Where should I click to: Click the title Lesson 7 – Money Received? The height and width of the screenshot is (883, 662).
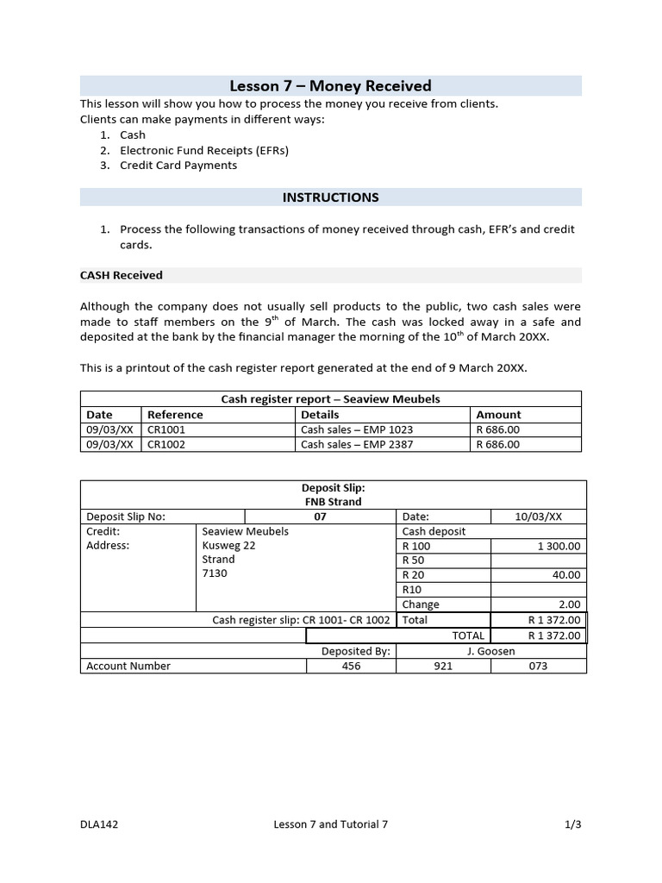[x=330, y=85]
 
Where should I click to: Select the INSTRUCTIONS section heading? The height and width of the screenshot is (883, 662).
[x=330, y=197]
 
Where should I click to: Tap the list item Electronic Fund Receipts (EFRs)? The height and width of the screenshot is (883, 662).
[x=203, y=150]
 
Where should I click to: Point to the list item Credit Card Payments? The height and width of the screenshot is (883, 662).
[x=178, y=165]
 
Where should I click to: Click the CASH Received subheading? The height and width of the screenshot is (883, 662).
[x=122, y=275]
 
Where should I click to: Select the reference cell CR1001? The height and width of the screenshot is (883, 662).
[x=166, y=429]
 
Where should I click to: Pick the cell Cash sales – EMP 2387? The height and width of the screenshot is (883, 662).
[x=346, y=444]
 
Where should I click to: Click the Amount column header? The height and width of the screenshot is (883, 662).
[x=498, y=415]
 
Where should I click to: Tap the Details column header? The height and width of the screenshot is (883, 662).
[x=320, y=415]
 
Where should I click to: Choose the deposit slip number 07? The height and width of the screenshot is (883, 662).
[x=321, y=517]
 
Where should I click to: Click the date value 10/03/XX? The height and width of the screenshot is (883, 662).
[x=538, y=517]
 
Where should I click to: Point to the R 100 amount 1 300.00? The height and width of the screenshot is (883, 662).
[x=559, y=546]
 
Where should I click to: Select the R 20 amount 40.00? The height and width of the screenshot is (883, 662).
[x=566, y=575]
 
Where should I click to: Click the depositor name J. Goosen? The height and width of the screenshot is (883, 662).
[x=490, y=651]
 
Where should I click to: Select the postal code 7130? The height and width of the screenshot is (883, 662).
[x=215, y=573]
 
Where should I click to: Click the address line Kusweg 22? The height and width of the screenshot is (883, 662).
[x=228, y=546]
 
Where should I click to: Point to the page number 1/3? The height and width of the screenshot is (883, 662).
[x=573, y=824]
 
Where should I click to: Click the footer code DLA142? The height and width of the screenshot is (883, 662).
[x=99, y=824]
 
